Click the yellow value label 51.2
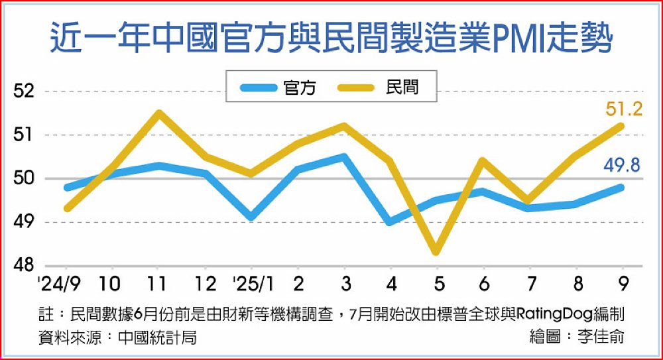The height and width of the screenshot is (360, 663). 624,109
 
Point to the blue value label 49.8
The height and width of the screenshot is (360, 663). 621,165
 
